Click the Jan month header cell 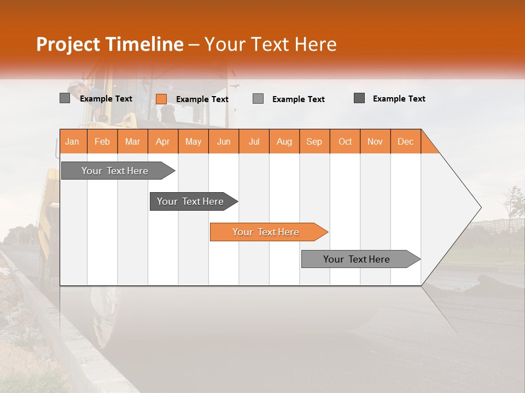pyautogui.click(x=73, y=141)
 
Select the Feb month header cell pyautogui.click(x=102, y=141)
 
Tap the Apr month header pyautogui.click(x=163, y=141)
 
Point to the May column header pyautogui.click(x=193, y=141)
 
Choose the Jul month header pyautogui.click(x=254, y=141)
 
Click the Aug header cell pyautogui.click(x=284, y=141)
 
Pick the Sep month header pyautogui.click(x=314, y=141)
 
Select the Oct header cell pyautogui.click(x=345, y=141)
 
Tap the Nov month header pyautogui.click(x=375, y=141)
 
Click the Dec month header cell pyautogui.click(x=406, y=141)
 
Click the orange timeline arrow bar pyautogui.click(x=268, y=232)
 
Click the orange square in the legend pyautogui.click(x=161, y=99)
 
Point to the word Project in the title pyautogui.click(x=68, y=44)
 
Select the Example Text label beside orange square pyautogui.click(x=202, y=99)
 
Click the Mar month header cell pyautogui.click(x=132, y=141)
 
